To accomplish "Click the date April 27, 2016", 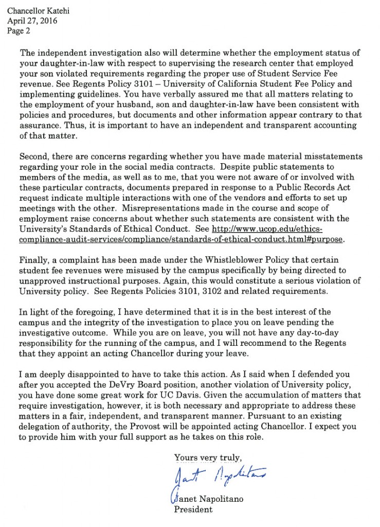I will pyautogui.click(x=32, y=21).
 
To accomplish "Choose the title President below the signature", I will pyautogui.click(x=193, y=510).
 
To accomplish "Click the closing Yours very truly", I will pyautogui.click(x=208, y=457).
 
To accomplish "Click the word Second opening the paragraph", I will pyautogui.click(x=33, y=156).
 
